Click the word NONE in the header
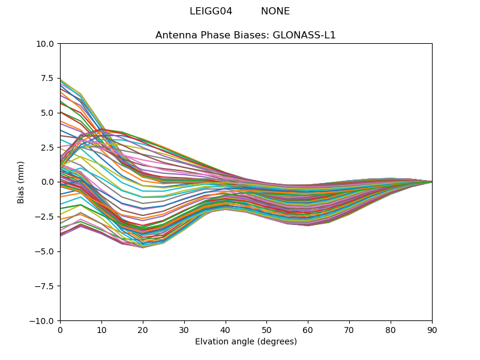point(275,11)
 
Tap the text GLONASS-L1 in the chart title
point(304,35)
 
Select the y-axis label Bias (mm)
point(21,182)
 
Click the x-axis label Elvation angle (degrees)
point(246,342)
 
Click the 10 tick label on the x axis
point(101,330)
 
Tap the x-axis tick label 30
point(184,330)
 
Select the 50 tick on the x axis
point(266,330)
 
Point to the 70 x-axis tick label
point(349,330)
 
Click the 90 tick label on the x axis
point(432,330)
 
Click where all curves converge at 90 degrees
point(431,182)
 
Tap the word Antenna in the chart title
point(175,35)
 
